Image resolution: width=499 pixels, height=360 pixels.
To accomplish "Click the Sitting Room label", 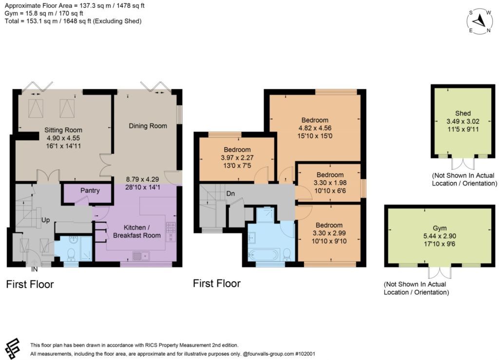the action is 63,130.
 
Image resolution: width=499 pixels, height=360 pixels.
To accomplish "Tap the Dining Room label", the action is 148,126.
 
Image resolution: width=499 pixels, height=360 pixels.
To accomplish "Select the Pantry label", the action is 90,190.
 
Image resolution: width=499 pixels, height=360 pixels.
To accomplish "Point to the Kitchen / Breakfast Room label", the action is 137,231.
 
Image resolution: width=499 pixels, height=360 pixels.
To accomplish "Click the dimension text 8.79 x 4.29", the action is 142,179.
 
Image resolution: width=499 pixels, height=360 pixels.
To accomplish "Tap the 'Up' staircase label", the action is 45,220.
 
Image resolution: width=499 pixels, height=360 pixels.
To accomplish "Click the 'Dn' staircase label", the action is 230,193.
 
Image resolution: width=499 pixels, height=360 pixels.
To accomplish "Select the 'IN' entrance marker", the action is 35,269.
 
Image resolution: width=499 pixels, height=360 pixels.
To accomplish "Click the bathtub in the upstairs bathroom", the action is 264,255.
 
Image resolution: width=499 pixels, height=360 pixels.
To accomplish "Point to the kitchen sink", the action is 141,256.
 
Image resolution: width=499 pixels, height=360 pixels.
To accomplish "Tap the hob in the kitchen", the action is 171,227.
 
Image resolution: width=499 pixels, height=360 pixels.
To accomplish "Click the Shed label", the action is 463,113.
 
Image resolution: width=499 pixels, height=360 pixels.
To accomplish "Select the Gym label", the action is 440,228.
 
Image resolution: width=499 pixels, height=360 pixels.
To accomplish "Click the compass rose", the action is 480,21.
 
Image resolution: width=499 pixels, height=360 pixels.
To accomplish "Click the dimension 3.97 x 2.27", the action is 237,157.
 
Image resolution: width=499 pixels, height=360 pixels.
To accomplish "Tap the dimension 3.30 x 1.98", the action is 330,183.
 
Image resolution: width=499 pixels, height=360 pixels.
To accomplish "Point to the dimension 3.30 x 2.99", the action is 329,233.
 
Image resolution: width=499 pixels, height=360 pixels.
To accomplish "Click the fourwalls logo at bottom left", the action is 13,348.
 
